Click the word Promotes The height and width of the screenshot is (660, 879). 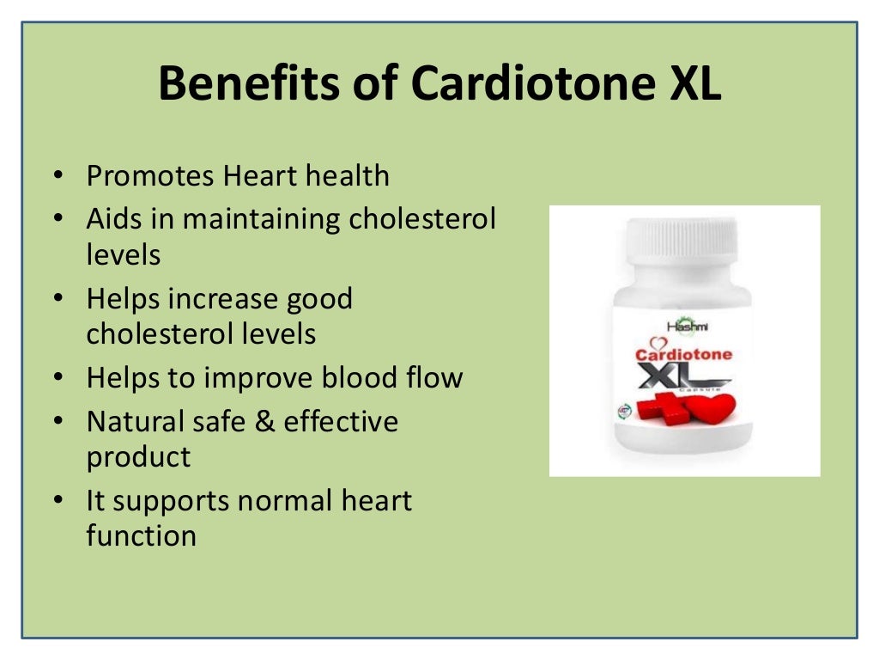pyautogui.click(x=149, y=176)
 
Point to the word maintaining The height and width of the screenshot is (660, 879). pyautogui.click(x=261, y=219)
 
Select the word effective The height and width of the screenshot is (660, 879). pyautogui.click(x=341, y=422)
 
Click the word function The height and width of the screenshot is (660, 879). pyautogui.click(x=141, y=536)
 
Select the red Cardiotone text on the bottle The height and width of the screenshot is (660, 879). pyautogui.click(x=684, y=354)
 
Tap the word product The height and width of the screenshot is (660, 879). pyautogui.click(x=138, y=457)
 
